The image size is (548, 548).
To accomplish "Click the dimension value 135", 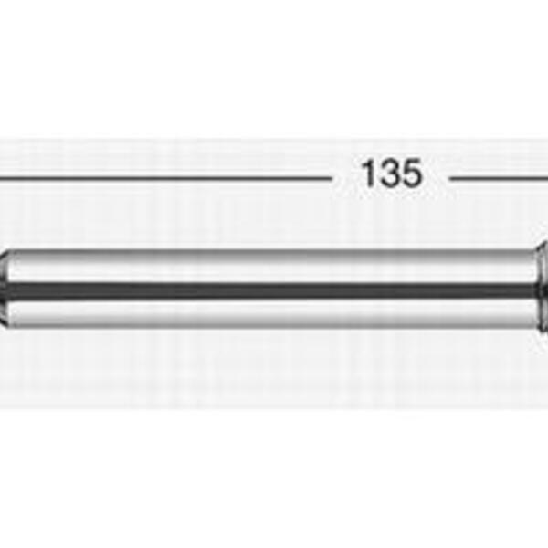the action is pos(392,174).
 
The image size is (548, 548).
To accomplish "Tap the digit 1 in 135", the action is pos(368,174).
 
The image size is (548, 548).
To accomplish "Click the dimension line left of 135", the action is pos(165,179).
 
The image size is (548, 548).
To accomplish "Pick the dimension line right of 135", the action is pos(499,179).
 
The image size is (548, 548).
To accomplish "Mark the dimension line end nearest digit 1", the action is pos(331,179).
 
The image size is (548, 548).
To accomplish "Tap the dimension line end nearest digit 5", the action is pos(450,179).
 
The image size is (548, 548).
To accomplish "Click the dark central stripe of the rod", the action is pos(271,290).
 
